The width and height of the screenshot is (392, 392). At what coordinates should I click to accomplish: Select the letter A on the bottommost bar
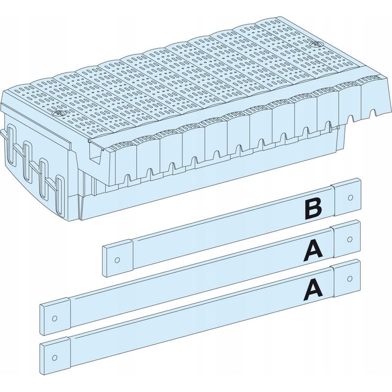(313, 290)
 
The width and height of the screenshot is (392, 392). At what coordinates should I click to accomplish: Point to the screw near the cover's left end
(58, 113)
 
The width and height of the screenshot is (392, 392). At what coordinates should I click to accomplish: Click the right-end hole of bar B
(350, 198)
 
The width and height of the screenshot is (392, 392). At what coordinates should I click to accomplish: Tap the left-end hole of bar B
(117, 260)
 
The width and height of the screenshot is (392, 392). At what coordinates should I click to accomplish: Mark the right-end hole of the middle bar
(350, 239)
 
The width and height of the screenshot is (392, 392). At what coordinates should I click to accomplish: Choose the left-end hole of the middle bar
(54, 318)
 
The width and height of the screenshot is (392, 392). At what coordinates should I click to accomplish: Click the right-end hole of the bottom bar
(350, 278)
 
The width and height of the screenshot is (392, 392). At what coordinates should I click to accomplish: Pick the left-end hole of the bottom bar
(54, 358)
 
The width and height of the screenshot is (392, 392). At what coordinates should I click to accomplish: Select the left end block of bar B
(118, 258)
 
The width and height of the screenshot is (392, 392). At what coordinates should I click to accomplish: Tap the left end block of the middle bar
(55, 316)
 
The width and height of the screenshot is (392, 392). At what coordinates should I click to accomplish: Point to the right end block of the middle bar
(346, 239)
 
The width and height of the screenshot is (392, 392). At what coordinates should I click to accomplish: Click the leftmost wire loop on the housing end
(12, 145)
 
